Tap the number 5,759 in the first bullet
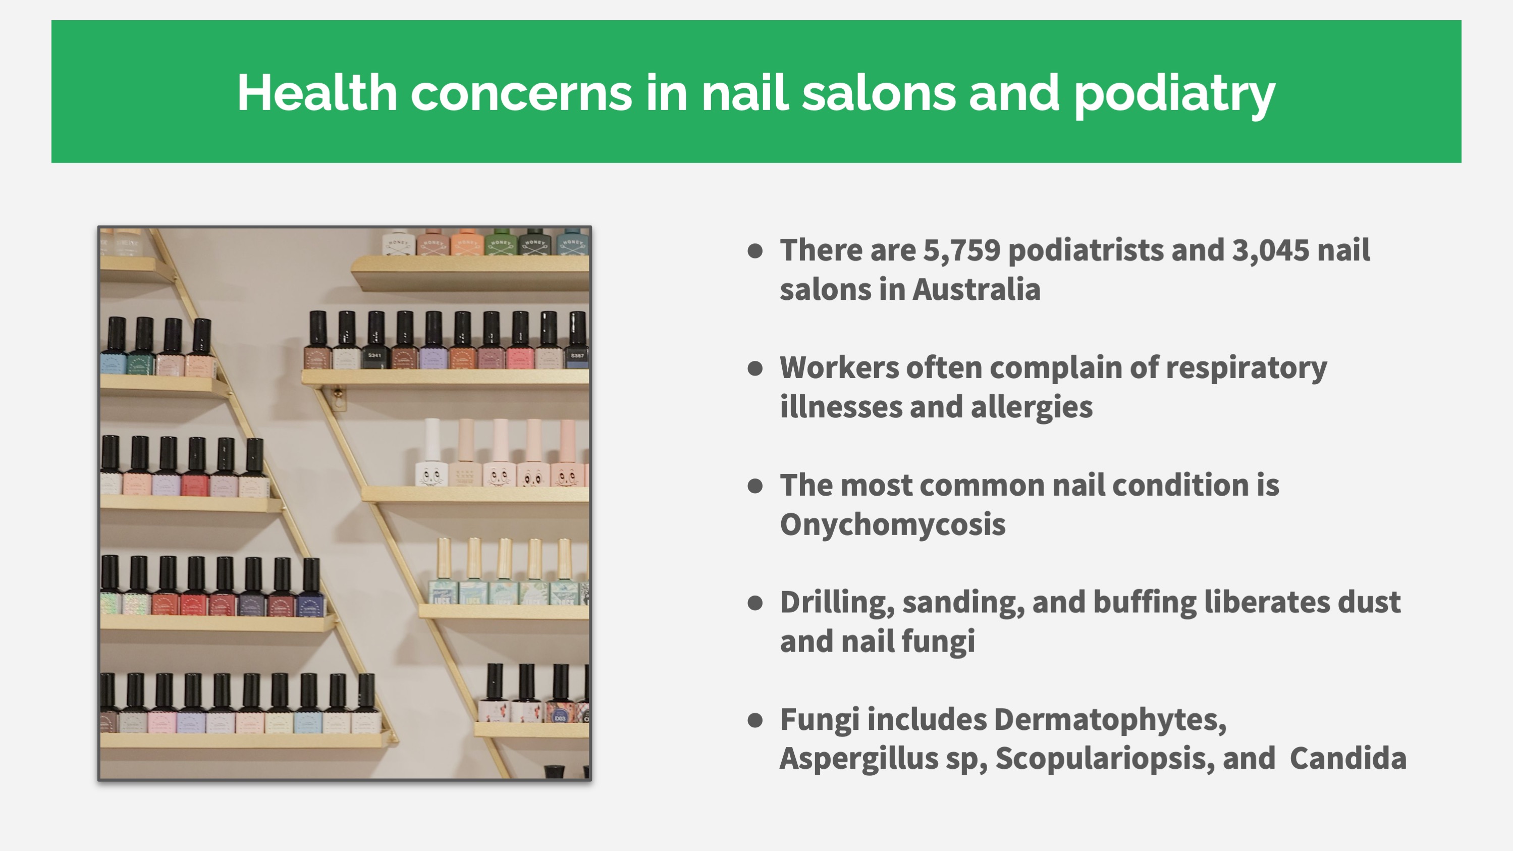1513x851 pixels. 961,250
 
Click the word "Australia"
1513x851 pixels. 976,290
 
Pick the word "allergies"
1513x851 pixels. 1032,407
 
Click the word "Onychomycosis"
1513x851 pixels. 893,524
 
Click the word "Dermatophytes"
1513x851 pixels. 1110,720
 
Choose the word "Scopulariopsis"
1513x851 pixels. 1105,759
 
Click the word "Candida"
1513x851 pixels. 1348,758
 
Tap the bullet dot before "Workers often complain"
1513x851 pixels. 755,369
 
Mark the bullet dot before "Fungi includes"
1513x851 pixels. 755,721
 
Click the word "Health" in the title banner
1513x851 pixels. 317,93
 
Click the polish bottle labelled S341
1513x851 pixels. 375,340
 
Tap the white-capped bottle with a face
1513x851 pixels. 431,452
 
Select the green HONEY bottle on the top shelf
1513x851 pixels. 501,242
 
